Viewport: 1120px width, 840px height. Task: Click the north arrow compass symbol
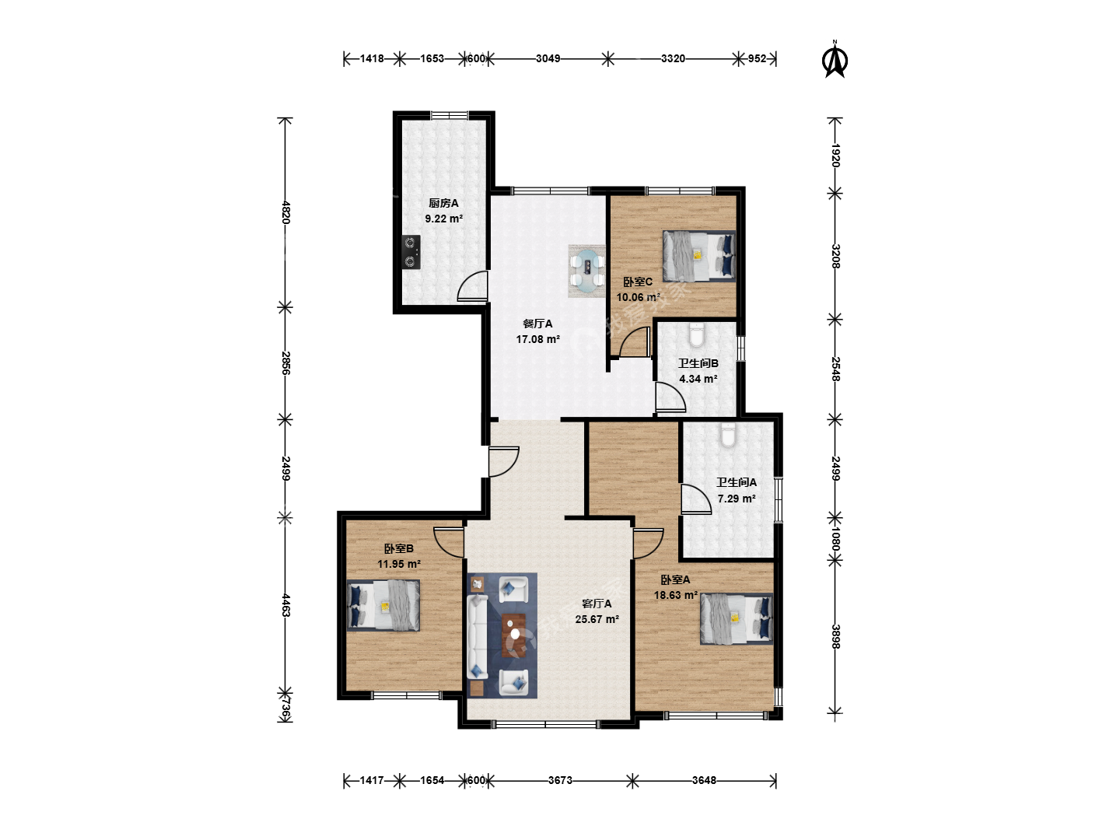(835, 61)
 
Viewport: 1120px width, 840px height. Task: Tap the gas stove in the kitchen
(411, 252)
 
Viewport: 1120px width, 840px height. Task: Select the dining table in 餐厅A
(587, 271)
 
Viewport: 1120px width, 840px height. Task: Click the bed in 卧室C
(699, 256)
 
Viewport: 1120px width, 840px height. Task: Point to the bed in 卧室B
(383, 605)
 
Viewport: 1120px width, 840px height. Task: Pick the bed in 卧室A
(737, 618)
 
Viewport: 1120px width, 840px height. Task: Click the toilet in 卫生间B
(696, 334)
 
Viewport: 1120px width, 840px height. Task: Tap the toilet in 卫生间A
(728, 435)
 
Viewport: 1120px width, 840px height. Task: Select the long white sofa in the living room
(477, 637)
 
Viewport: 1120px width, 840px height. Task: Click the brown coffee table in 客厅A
(514, 635)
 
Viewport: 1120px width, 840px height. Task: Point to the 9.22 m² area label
(444, 219)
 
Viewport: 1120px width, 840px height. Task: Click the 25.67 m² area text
(597, 619)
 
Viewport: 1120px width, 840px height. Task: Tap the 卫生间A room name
(737, 482)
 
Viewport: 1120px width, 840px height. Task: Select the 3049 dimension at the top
(548, 58)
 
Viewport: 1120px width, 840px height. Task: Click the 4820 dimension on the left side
(285, 212)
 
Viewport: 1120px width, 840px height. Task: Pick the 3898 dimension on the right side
(835, 636)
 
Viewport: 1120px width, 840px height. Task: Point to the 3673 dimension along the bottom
(560, 780)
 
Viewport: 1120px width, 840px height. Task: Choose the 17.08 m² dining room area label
(537, 339)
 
